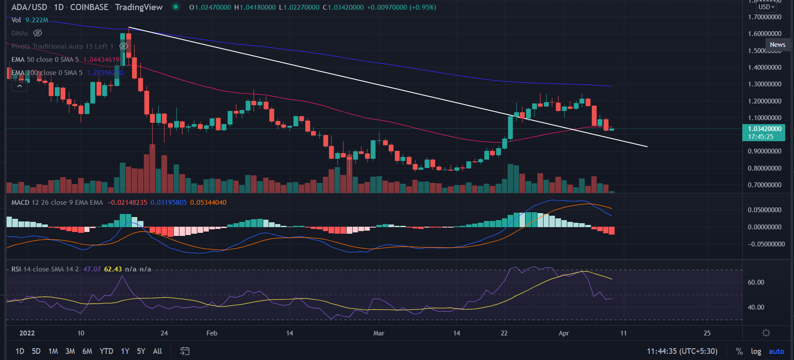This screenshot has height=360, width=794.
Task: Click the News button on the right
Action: pyautogui.click(x=777, y=45)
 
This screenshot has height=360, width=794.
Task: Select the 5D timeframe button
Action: pyautogui.click(x=36, y=351)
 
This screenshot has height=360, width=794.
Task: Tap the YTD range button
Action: pyautogui.click(x=106, y=351)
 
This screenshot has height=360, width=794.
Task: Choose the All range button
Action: pyautogui.click(x=157, y=351)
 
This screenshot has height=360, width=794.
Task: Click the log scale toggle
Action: pyautogui.click(x=756, y=351)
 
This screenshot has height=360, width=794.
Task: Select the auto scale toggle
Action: pyautogui.click(x=776, y=351)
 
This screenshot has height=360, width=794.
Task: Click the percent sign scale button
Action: pyautogui.click(x=739, y=351)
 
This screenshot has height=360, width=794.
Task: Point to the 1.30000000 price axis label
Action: pyautogui.click(x=765, y=84)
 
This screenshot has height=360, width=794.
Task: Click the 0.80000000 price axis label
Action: pyautogui.click(x=765, y=168)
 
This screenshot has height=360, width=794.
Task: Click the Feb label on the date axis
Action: pyautogui.click(x=212, y=333)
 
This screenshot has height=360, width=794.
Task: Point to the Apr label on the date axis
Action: pyautogui.click(x=564, y=333)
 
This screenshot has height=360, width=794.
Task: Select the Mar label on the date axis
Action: pyautogui.click(x=379, y=333)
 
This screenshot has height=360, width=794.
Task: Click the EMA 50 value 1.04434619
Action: pyautogui.click(x=101, y=60)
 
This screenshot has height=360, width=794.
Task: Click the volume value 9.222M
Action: pyautogui.click(x=37, y=20)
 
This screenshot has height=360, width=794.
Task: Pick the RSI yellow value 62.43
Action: pyautogui.click(x=113, y=269)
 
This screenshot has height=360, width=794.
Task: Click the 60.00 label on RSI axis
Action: pyautogui.click(x=756, y=282)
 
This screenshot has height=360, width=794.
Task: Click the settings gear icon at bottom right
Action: pyautogui.click(x=766, y=333)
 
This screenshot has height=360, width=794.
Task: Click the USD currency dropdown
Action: pyautogui.click(x=766, y=7)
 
